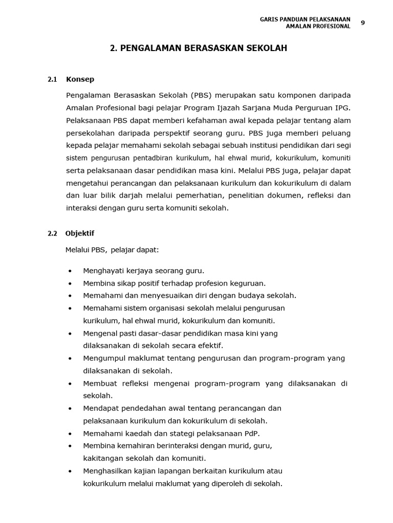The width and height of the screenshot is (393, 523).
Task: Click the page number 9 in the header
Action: pyautogui.click(x=363, y=22)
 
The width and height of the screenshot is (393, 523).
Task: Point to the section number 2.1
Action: pyautogui.click(x=52, y=80)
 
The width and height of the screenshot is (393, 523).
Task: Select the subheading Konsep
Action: pyautogui.click(x=80, y=80)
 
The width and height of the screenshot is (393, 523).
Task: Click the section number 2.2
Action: pyautogui.click(x=52, y=234)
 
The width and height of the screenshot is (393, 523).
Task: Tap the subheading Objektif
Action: pyautogui.click(x=80, y=234)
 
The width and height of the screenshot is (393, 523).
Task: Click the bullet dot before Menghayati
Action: pyautogui.click(x=70, y=271)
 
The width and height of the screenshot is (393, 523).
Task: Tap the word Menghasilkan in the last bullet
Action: pyautogui.click(x=106, y=471)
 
